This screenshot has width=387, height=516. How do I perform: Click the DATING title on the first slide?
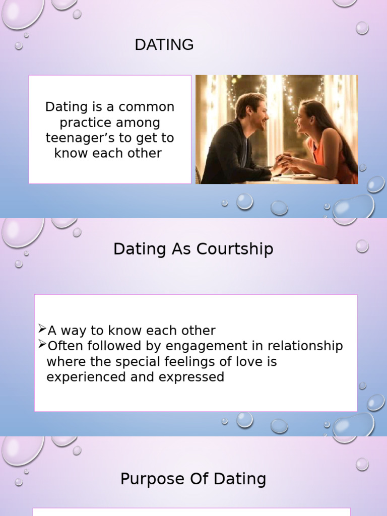pyautogui.click(x=164, y=45)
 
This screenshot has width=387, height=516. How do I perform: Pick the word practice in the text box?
pyautogui.click(x=87, y=122)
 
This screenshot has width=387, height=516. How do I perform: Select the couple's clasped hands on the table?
pyautogui.click(x=282, y=164)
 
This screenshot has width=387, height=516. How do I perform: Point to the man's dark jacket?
pyautogui.click(x=227, y=151)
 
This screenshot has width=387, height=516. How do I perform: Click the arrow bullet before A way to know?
pyautogui.click(x=42, y=330)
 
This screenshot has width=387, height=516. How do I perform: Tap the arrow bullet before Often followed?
pyautogui.click(x=42, y=345)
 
